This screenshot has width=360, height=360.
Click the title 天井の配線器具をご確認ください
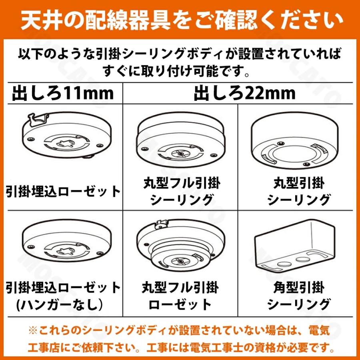180,19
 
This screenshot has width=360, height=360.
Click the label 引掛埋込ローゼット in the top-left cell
63,192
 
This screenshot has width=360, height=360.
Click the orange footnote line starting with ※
180,330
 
